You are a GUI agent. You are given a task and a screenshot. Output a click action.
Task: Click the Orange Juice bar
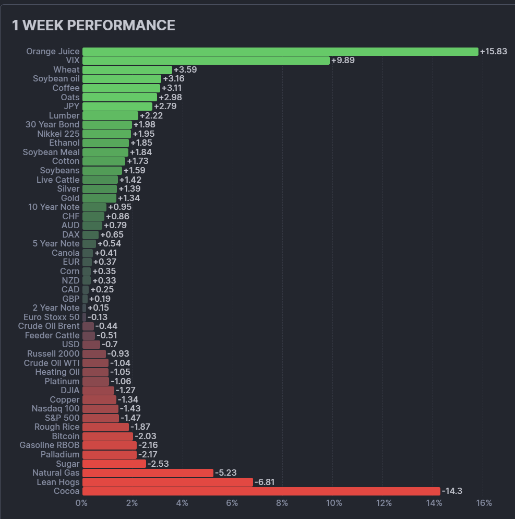click(280, 52)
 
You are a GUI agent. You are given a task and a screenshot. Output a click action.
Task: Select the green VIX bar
click(206, 61)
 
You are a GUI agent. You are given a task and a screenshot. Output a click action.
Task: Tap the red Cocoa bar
click(261, 491)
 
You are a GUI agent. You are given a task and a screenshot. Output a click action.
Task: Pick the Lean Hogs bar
click(167, 482)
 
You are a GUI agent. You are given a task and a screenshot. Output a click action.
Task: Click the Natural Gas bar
click(148, 473)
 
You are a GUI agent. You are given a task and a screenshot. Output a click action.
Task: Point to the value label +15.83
click(494, 52)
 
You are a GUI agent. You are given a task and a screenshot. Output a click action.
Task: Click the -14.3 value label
click(452, 491)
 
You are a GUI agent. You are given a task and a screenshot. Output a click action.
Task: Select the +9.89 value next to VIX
click(343, 61)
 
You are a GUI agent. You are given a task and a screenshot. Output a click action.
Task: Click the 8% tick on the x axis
click(282, 503)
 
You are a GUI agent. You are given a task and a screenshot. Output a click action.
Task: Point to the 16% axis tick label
click(484, 503)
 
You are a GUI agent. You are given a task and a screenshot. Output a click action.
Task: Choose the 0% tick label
click(81, 503)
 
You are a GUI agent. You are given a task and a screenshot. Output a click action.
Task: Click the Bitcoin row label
click(66, 436)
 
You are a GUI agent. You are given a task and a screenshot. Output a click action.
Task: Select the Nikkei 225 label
click(58, 134)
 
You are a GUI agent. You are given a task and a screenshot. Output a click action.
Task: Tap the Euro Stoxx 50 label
click(52, 317)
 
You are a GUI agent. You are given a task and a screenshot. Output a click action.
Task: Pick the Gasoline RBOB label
click(50, 445)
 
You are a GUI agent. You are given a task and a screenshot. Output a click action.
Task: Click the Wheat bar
click(127, 70)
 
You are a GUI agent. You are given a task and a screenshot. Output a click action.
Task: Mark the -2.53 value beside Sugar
click(158, 464)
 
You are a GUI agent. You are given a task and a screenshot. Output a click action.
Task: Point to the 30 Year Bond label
click(53, 124)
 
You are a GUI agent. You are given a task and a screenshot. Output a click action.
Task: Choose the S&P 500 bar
click(101, 418)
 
